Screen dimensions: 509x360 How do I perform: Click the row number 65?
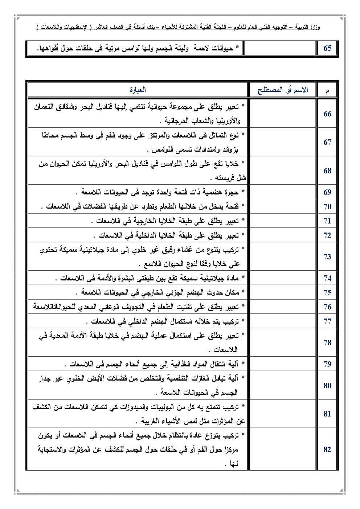point(327,48)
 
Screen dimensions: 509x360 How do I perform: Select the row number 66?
point(327,114)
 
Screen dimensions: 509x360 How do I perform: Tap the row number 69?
point(327,192)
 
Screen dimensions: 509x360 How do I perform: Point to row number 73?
point(327,257)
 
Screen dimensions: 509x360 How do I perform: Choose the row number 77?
point(327,321)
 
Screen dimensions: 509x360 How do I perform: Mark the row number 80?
point(327,386)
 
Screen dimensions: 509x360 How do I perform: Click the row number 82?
point(327,450)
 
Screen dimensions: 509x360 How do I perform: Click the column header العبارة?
point(138,90)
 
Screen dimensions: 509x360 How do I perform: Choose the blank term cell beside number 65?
point(279,48)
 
